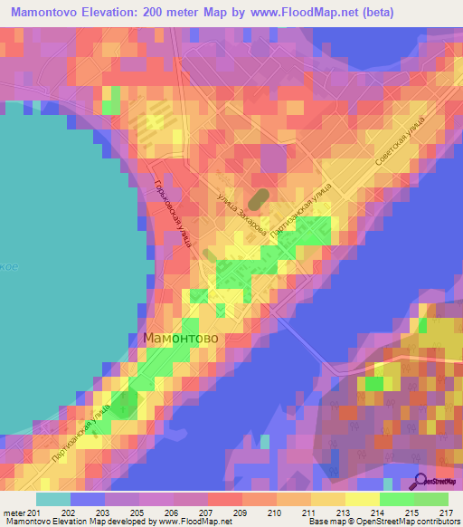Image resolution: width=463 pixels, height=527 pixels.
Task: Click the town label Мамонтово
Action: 181,337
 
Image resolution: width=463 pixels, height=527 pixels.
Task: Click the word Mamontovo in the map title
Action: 51,12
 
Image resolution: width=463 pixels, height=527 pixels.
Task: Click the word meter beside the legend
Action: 13,513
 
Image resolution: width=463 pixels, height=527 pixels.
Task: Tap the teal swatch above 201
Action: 53,499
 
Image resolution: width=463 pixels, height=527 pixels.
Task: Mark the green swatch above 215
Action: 397,499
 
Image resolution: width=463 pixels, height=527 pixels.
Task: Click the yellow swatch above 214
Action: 363,499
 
